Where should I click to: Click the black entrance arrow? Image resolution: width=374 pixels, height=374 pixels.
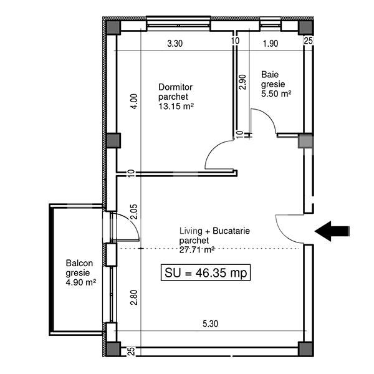click(x=332, y=231)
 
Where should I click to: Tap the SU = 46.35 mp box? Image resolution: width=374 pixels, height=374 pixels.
click(x=206, y=272)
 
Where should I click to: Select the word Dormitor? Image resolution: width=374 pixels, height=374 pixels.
click(x=176, y=87)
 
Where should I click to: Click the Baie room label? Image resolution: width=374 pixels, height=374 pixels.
click(x=269, y=72)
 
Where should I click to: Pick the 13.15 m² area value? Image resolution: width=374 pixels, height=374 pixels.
click(x=176, y=106)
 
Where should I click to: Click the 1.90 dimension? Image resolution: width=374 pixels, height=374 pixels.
click(x=269, y=44)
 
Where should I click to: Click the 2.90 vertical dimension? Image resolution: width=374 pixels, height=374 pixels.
click(x=242, y=83)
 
